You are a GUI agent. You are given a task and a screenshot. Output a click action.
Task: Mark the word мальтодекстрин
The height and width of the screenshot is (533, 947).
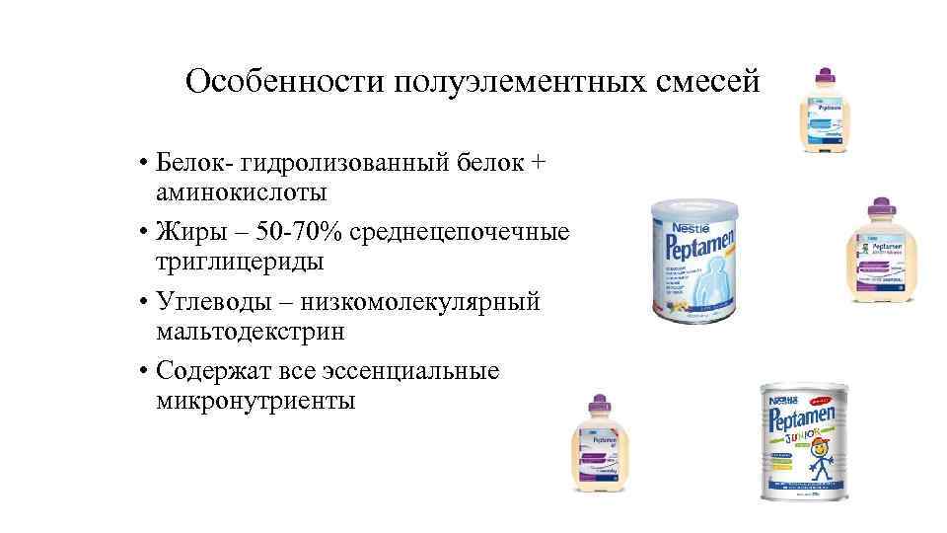[251, 331]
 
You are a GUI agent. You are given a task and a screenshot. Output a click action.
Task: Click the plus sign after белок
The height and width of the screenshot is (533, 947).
[536, 161]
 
